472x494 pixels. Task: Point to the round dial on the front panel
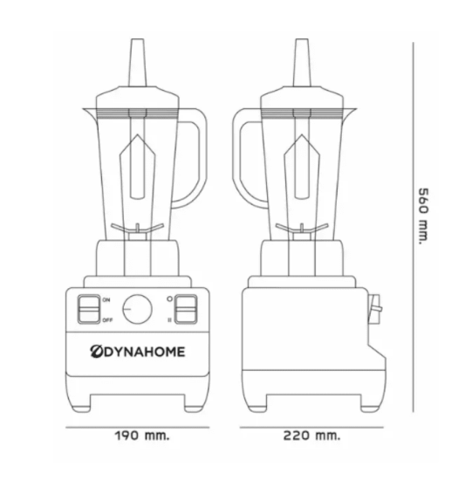tap(136, 309)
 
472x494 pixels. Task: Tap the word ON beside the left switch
tap(106, 300)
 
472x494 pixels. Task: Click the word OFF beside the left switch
tap(107, 320)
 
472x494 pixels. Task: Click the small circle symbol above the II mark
tap(171, 298)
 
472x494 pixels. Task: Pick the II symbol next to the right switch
tap(171, 320)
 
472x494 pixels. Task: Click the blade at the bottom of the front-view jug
tap(137, 230)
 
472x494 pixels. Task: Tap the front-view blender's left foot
tap(89, 404)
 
